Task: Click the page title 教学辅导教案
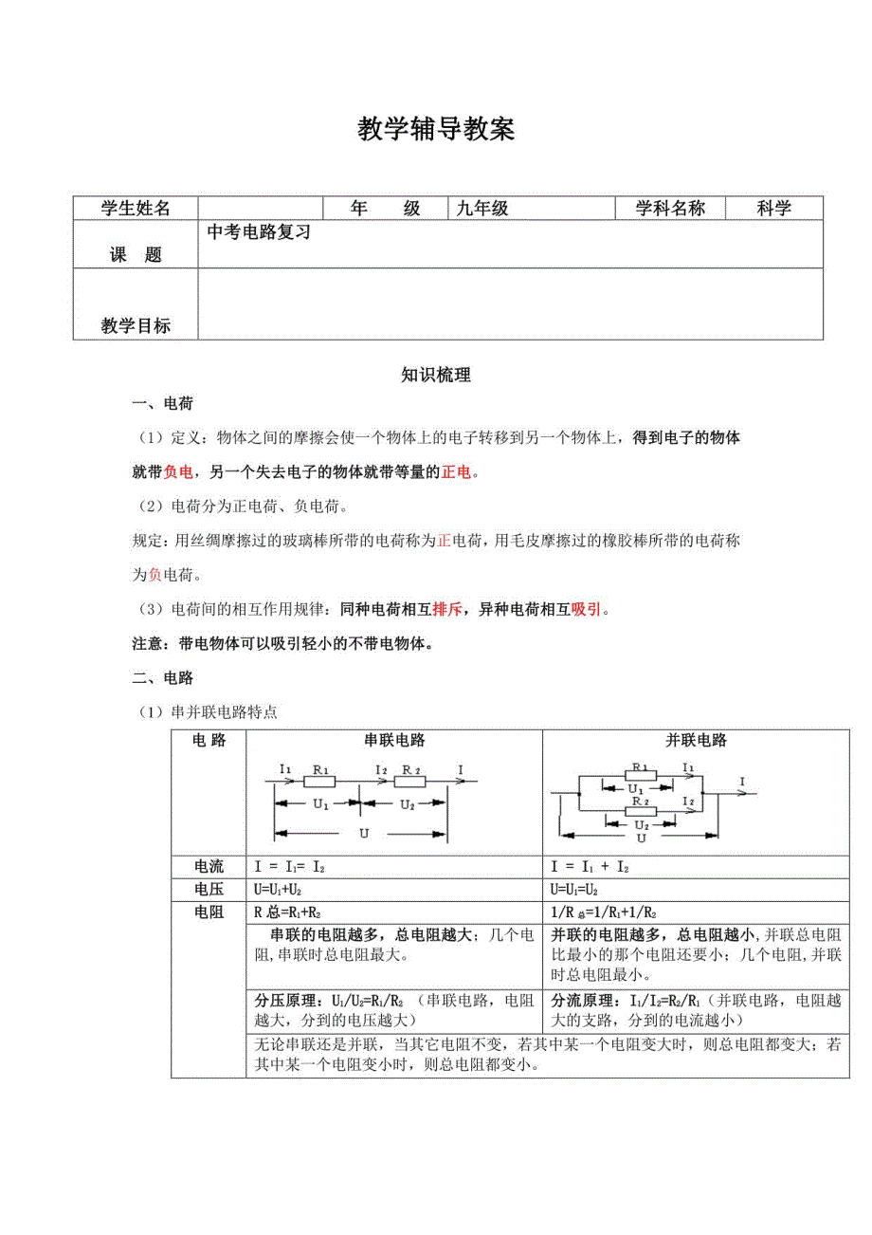pos(436,130)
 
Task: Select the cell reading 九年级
pos(482,210)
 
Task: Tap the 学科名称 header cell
pos(670,210)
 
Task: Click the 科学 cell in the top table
pos(774,210)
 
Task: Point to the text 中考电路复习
pos(260,231)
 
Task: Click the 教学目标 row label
pos(136,326)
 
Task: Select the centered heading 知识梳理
pos(436,376)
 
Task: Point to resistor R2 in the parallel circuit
pos(641,802)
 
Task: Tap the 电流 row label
pos(209,867)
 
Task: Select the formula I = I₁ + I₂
pos(590,867)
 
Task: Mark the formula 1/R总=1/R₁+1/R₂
pos(604,912)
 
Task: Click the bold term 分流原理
pos(579,1001)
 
